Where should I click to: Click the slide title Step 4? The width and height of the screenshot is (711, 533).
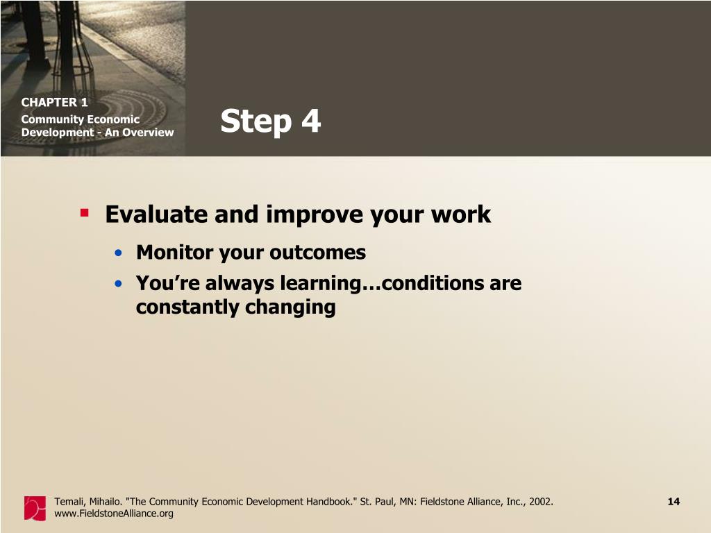(271, 121)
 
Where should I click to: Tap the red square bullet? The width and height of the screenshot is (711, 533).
(84, 212)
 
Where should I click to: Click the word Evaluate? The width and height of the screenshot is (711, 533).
(156, 214)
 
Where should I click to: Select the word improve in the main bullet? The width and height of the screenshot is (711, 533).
(315, 215)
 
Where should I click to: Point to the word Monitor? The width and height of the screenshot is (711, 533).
(174, 253)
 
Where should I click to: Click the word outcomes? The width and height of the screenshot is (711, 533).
(317, 253)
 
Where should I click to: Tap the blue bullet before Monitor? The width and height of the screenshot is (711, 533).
(118, 253)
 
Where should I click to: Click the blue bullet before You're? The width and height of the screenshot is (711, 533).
(118, 284)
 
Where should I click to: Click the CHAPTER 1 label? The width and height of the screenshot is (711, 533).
(54, 103)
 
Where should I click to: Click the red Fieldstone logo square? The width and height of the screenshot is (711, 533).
(35, 508)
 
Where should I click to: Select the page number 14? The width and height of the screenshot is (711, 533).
(674, 501)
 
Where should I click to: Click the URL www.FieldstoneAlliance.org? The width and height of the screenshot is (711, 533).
(114, 514)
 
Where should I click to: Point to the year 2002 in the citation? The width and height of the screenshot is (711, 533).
(542, 502)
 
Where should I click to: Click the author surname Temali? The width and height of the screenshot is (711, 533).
(69, 502)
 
